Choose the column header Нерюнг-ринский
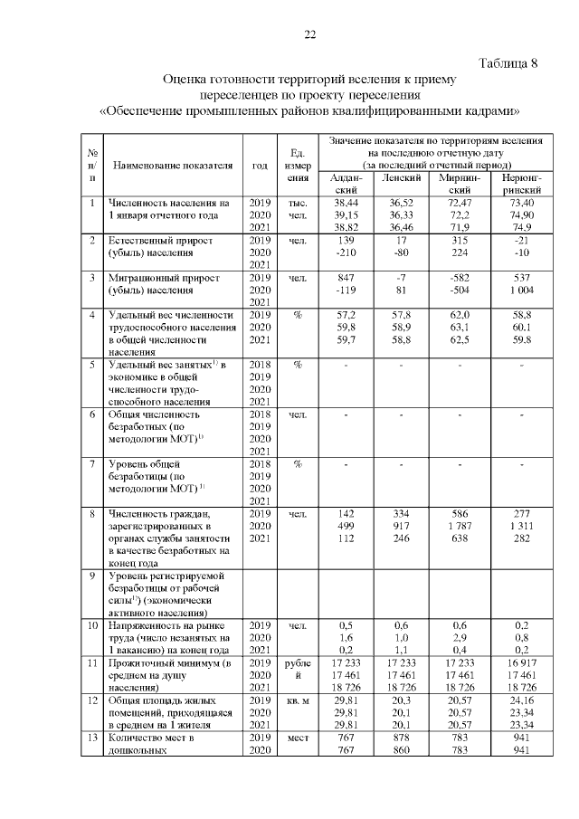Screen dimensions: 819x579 [516, 185]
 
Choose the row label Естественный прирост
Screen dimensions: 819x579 [161, 241]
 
